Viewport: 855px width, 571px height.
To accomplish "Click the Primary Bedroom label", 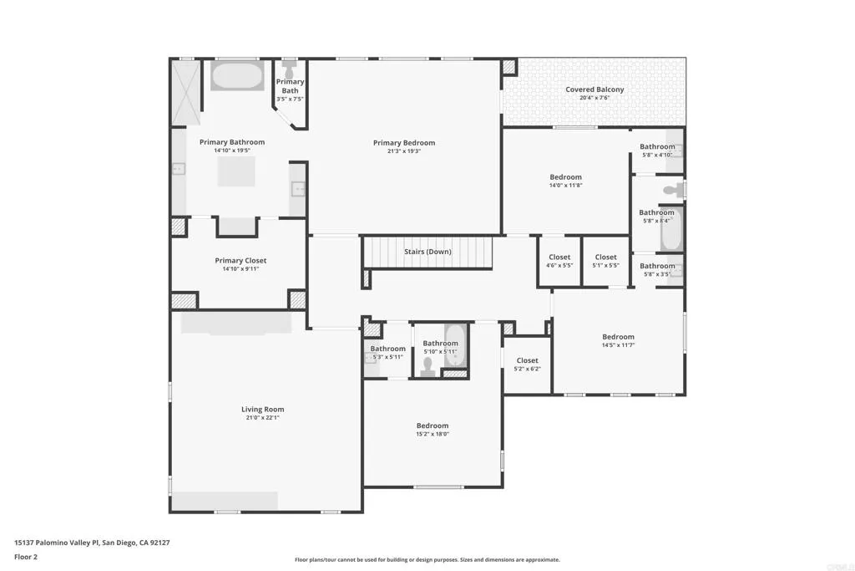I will (x=403, y=143).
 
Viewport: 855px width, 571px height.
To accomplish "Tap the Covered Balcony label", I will (x=594, y=89).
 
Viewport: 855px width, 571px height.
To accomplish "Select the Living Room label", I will (x=263, y=410).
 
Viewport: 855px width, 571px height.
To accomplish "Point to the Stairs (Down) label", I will (x=427, y=252).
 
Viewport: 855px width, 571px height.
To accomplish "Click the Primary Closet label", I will (x=240, y=261).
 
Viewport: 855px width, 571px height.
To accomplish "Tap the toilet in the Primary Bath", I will (x=290, y=71).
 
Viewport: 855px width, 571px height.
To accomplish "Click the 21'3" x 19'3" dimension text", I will (x=403, y=152).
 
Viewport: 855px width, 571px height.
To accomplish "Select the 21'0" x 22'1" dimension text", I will (x=263, y=419).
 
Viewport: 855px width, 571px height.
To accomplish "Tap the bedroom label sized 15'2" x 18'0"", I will (x=433, y=426).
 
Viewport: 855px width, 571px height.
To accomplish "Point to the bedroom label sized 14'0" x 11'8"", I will (x=565, y=177).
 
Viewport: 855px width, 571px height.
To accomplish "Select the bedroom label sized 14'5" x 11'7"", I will (x=618, y=337).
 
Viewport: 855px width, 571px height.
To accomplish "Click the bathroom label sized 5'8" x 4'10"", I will (x=657, y=146).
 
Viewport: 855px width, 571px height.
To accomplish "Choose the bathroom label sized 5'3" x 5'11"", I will (x=387, y=349).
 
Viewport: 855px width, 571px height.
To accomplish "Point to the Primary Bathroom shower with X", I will (x=185, y=92).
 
